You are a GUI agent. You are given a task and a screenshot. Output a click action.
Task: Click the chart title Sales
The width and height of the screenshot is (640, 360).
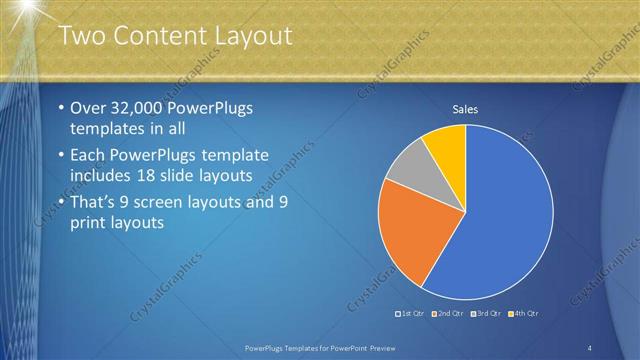coord(466,109)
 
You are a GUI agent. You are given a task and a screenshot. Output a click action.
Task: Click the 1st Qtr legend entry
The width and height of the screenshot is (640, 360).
coord(412,313)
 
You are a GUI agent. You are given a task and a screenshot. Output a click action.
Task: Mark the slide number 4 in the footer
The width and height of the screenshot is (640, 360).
coord(590,347)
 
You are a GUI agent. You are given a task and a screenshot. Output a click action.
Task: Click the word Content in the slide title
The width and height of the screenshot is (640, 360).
coord(159,36)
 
